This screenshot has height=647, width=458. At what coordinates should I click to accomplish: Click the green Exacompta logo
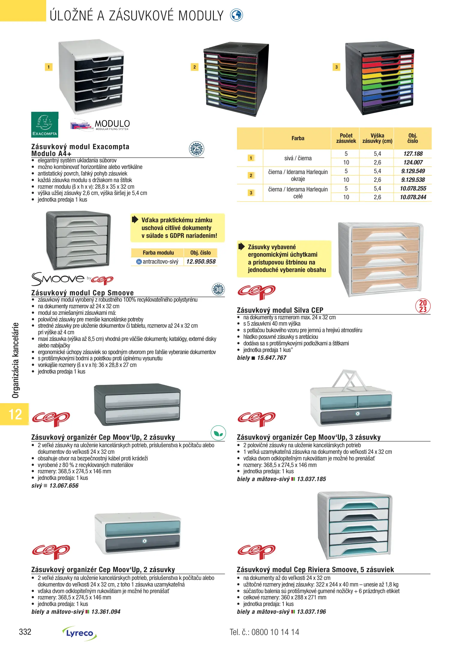[x=45, y=125]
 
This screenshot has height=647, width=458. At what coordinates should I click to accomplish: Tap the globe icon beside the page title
[x=236, y=15]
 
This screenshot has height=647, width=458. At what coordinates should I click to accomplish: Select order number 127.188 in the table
[x=413, y=154]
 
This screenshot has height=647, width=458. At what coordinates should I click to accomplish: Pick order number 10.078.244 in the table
[x=413, y=197]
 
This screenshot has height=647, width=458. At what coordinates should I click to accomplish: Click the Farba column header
[x=298, y=138]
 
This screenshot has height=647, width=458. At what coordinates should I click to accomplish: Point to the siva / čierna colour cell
[x=298, y=158]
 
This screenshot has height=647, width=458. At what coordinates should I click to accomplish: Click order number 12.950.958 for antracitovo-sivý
[x=201, y=261]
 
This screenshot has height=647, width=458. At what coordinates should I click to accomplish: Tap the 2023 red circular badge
[x=423, y=306]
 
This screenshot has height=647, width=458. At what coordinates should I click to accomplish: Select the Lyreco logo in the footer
[x=79, y=633]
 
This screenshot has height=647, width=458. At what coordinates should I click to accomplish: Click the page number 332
[x=25, y=632]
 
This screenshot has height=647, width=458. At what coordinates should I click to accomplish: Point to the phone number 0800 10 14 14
[x=275, y=632]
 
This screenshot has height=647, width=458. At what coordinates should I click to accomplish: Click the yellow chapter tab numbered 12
[x=15, y=414]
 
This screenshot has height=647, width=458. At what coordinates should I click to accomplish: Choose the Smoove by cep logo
[x=72, y=279]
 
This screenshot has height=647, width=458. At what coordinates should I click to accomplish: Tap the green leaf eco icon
[x=218, y=433]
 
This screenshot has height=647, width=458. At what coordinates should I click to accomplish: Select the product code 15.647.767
[x=271, y=358]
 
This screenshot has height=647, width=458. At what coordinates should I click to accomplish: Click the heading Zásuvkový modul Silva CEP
[x=280, y=310]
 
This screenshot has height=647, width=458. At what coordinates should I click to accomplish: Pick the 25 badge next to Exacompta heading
[x=196, y=149]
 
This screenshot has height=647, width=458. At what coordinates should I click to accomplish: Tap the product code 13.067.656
[x=64, y=486]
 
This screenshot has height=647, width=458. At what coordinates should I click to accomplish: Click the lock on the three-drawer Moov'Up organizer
[x=357, y=414]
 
